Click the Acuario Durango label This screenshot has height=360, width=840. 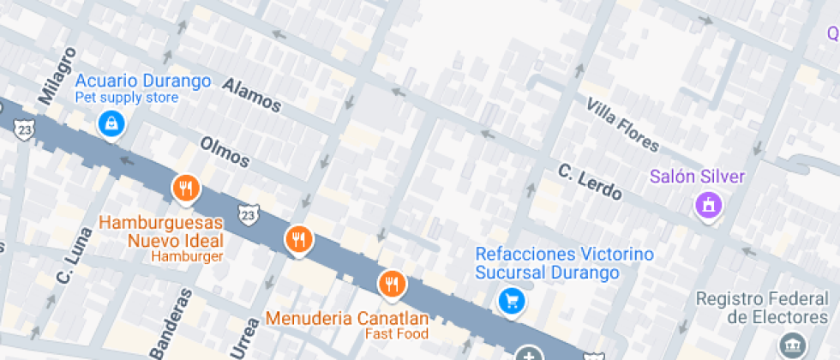(143, 81)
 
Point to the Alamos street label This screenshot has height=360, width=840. (252, 94)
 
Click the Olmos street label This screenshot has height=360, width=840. (225, 152)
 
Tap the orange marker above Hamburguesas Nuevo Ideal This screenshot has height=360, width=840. (185, 189)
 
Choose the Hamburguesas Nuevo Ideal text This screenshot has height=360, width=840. (161, 231)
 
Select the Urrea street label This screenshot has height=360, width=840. (244, 337)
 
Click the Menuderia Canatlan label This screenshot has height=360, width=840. (347, 318)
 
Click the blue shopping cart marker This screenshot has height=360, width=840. (512, 300)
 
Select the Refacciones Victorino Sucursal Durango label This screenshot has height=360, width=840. (563, 263)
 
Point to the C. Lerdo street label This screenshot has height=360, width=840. (590, 181)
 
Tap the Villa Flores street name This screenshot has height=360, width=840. (623, 124)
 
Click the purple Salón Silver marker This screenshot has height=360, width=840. (709, 206)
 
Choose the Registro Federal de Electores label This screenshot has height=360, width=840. (761, 308)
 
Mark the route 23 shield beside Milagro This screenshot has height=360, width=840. (26, 129)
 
